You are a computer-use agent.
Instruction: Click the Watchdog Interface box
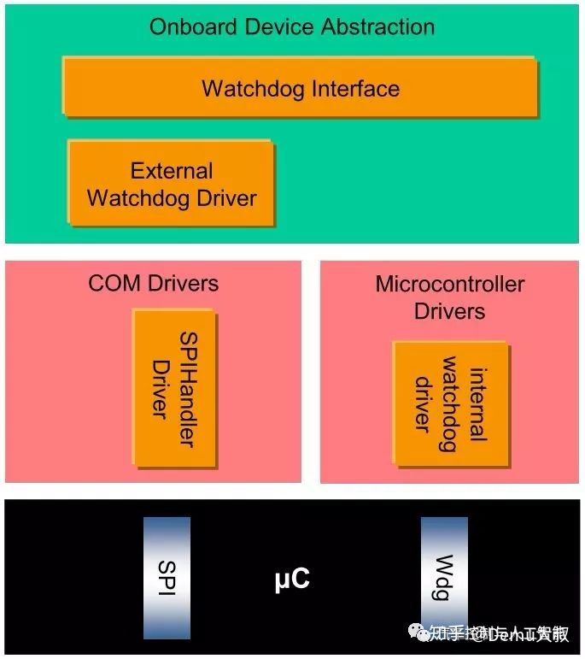pos(300,87)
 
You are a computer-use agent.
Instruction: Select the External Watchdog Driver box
pos(172,184)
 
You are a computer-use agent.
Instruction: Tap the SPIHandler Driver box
pos(173,388)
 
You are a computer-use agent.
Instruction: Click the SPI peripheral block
pos(167,578)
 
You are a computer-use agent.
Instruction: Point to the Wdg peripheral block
pos(444,578)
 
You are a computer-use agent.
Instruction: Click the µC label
pos(292,580)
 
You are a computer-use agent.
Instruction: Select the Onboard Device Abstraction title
pos(292,26)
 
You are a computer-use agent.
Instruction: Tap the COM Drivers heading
pos(154,283)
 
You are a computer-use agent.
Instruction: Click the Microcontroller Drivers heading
pos(449,297)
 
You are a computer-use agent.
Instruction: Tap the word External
pos(172,170)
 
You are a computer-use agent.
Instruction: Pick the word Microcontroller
pos(449,284)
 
